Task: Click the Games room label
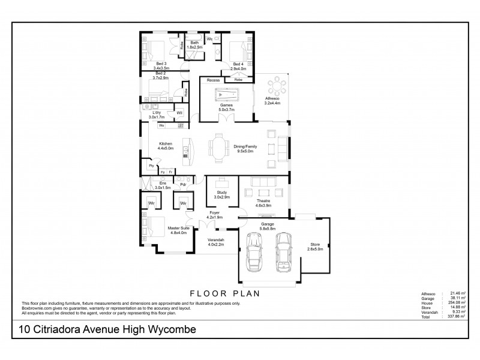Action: click(226, 107)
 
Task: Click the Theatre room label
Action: click(263, 202)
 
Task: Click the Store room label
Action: click(315, 247)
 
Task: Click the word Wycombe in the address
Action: click(170, 329)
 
